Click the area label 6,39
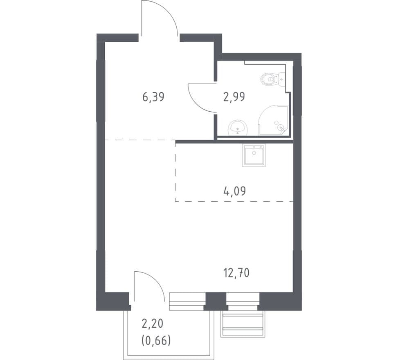pyautogui.click(x=153, y=97)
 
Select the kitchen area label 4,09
pyautogui.click(x=234, y=191)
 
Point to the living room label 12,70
pyautogui.click(x=236, y=273)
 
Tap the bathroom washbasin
pyautogui.click(x=238, y=128)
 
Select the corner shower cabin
pyautogui.click(x=273, y=120)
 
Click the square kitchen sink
pyautogui.click(x=254, y=155)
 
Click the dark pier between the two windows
pyautogui.click(x=215, y=301)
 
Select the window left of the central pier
pyautogui.click(x=187, y=301)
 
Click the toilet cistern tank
pyautogui.click(x=282, y=79)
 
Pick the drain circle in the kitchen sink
pyautogui.click(x=254, y=153)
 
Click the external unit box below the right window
pyautogui.click(x=243, y=324)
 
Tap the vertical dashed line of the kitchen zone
pyautogui.click(x=175, y=172)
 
